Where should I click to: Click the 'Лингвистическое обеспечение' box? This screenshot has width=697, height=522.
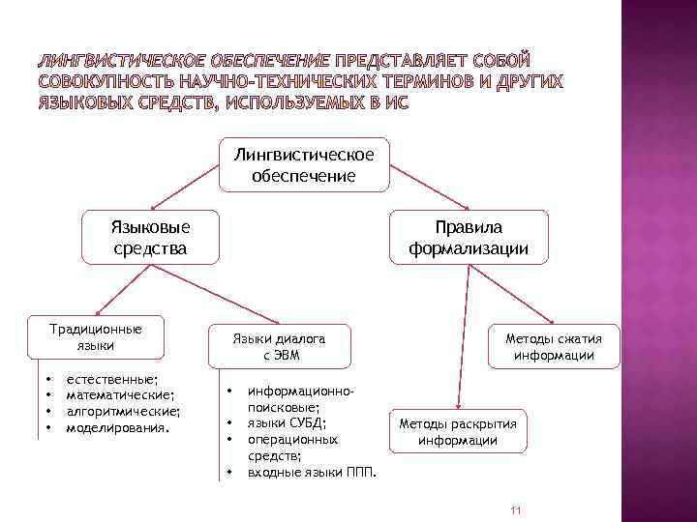coord(305,164)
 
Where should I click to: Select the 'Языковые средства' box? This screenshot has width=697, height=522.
coord(150,238)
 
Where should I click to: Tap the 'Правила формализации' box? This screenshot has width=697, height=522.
coord(469,238)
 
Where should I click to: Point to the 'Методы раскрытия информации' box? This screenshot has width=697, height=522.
coord(458,432)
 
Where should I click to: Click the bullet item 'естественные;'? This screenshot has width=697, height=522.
coord(112,381)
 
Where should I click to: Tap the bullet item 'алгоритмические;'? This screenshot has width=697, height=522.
coord(122,410)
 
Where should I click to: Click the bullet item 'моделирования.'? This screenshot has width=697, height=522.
coord(116,425)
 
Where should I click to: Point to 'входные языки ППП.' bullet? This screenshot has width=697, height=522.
coord(311,471)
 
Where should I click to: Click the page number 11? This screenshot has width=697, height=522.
coord(515,510)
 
